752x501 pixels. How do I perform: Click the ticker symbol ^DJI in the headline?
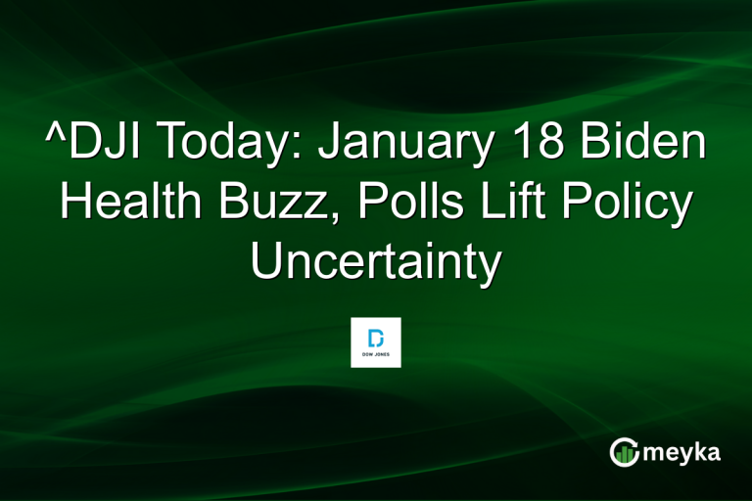click(95, 146)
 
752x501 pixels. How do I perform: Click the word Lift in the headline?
click(502, 205)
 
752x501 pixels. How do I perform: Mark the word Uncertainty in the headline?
click(376, 262)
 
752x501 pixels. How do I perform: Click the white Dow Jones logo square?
click(376, 342)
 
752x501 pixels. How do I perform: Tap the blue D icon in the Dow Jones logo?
click(376, 336)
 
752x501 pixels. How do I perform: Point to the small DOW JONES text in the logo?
click(376, 354)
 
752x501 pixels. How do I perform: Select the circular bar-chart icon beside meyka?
click(625, 452)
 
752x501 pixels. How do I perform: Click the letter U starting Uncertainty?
click(267, 261)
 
